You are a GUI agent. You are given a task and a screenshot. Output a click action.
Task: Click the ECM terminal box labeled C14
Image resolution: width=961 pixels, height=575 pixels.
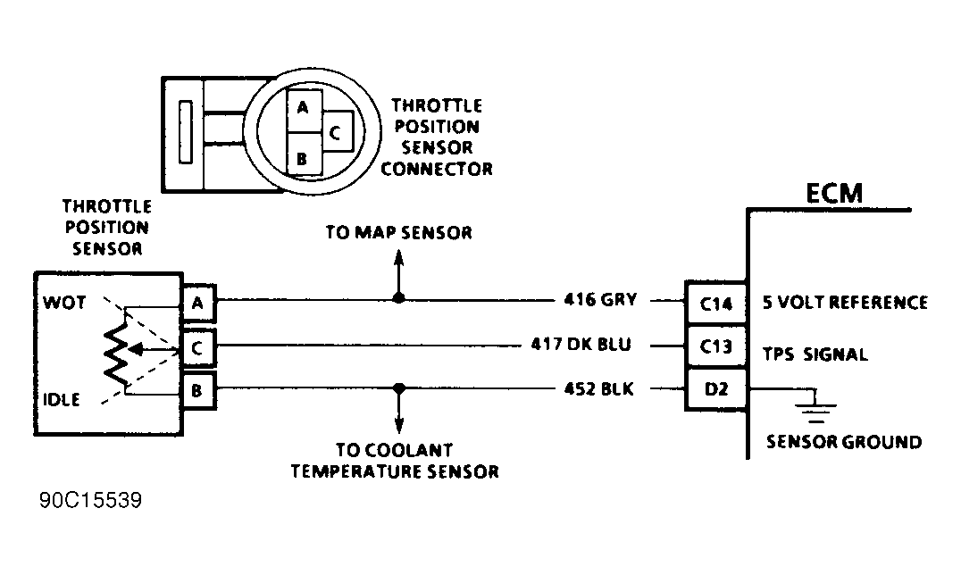point(715,303)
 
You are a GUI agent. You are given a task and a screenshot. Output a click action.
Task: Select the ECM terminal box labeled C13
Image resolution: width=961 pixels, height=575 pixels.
point(715,346)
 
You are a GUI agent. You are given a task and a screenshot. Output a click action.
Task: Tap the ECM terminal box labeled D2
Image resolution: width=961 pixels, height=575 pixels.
point(715,388)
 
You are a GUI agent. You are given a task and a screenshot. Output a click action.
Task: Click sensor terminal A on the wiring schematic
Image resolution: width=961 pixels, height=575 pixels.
point(198,302)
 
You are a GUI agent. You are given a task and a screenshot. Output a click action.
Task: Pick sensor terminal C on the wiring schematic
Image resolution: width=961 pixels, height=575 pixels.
point(198,347)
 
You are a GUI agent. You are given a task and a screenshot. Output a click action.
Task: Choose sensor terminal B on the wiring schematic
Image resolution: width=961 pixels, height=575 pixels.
point(198,390)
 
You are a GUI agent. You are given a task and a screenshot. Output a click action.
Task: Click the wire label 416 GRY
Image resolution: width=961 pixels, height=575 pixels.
point(600,300)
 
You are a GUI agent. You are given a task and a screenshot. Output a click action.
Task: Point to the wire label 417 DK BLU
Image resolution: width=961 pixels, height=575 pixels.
point(581,345)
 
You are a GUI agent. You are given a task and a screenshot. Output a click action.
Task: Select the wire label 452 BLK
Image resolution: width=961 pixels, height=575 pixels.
point(598,389)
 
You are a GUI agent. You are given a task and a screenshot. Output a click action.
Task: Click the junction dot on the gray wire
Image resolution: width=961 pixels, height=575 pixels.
point(399,298)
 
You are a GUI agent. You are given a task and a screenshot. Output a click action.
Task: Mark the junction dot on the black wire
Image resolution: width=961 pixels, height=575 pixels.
point(399,388)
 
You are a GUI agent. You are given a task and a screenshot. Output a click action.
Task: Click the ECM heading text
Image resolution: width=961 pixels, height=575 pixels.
point(834,193)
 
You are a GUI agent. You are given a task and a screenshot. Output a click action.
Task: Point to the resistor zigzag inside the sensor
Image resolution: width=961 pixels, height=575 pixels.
point(116,354)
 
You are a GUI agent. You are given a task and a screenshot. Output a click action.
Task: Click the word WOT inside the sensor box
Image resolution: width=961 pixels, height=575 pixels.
point(64,302)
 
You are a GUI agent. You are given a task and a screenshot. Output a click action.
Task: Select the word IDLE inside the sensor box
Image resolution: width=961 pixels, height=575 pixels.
point(62,400)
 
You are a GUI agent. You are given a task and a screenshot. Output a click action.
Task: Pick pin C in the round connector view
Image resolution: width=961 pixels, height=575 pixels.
point(337,132)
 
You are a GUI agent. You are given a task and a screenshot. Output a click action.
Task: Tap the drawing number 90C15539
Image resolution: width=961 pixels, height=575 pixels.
point(91,500)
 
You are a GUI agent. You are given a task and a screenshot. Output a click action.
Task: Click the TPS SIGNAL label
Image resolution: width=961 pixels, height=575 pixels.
point(815,354)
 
